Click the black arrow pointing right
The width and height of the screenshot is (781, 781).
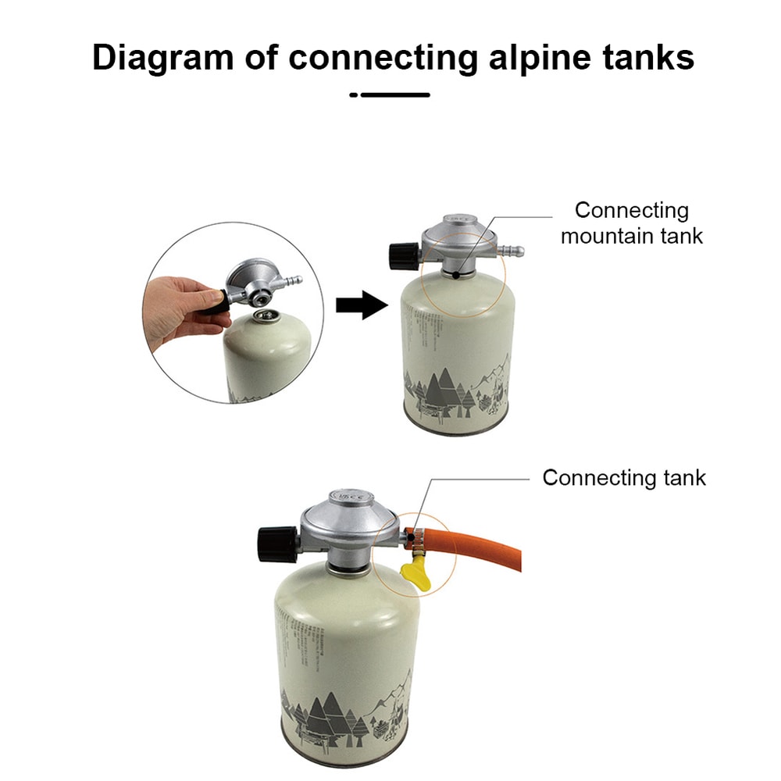pos(361,305)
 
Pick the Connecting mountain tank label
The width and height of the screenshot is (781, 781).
pos(631,223)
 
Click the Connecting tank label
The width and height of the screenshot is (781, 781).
pos(623,478)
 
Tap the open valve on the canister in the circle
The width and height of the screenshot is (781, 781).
pos(263,316)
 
